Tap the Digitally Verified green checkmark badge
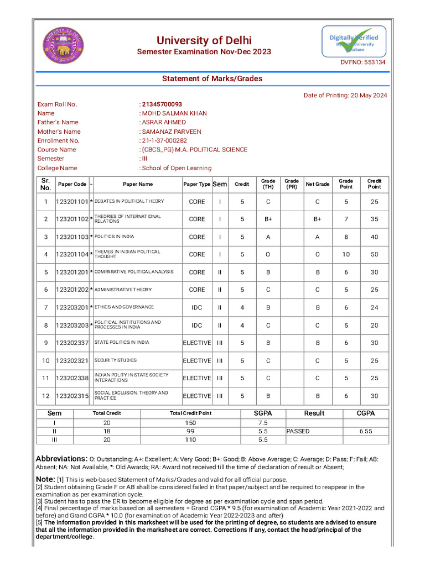pos(354,41)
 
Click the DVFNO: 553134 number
pos(362,62)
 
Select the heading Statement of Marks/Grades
pos(212,78)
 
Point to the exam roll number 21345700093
pos(162,104)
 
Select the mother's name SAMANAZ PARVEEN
pos(172,132)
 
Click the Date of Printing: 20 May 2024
pos(345,95)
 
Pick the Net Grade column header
pos(317,184)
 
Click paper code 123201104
pos(72,254)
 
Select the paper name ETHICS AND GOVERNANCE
pos(124,307)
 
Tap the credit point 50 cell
pos(375,254)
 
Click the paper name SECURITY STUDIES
pos(115,360)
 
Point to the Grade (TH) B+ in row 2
pos(268,219)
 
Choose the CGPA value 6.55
pos(365,431)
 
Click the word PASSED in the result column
pos(298,431)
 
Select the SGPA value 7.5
pos(263,422)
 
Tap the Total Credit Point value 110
pos(190,440)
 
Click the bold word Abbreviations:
pos(61,459)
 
